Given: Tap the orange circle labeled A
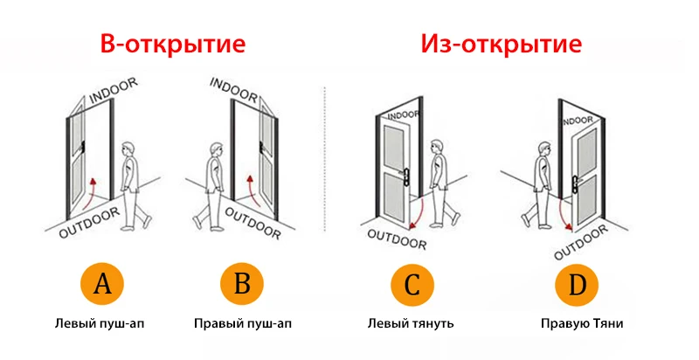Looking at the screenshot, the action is click(x=102, y=284).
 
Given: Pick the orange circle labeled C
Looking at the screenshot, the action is click(x=412, y=284).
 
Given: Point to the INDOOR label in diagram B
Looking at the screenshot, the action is click(x=233, y=87).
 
